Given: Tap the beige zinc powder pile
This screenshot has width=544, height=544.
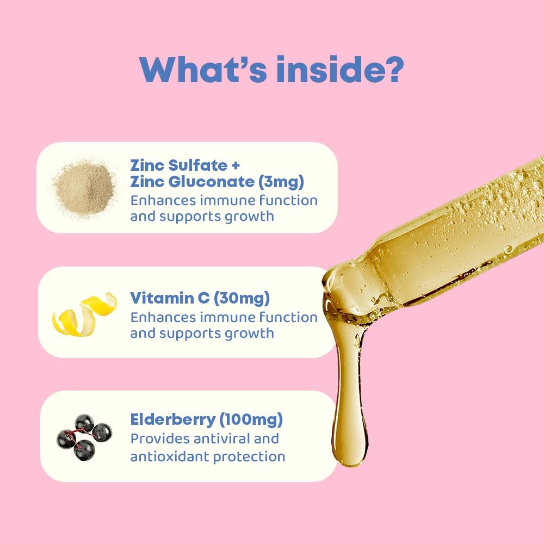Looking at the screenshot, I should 84,187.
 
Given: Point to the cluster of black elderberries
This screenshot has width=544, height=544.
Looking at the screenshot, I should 84,435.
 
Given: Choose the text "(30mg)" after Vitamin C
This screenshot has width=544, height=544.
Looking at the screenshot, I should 241,298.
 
